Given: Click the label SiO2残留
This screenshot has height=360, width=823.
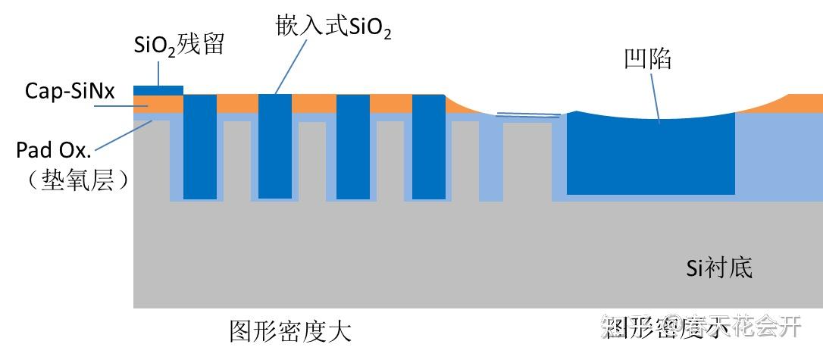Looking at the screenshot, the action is coord(179,45).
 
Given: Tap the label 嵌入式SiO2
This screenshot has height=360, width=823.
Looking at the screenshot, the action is coord(333,28).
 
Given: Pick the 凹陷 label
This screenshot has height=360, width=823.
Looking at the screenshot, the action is coord(646,58).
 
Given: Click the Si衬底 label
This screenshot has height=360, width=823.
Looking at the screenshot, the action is coord(719,267).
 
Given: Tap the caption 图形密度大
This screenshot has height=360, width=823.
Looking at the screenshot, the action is coord(290,331).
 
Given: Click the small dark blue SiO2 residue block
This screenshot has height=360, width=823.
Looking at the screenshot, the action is coord(158,90).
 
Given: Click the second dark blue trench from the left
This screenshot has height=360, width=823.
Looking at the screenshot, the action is coord(274,146).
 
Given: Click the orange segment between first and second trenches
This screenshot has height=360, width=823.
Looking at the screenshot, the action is coord(237,103).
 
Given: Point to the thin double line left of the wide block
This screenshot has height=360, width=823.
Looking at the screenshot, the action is coord(528,115).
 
